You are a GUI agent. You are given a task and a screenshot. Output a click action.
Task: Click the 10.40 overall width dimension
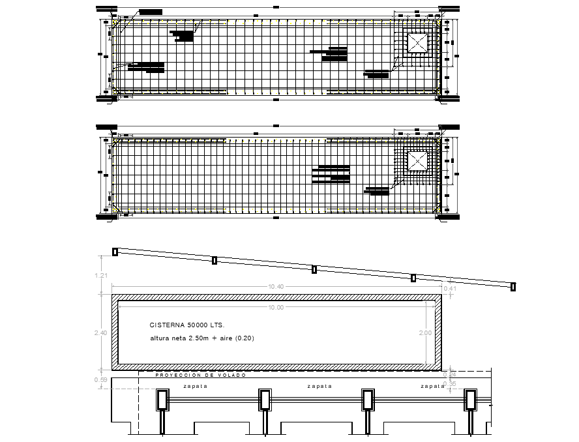point(275,287)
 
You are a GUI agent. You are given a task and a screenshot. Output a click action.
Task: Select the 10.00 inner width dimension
point(275,306)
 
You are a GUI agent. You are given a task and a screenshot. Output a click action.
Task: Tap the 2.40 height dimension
point(101,332)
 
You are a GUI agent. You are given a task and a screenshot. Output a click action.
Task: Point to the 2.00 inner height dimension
point(425,332)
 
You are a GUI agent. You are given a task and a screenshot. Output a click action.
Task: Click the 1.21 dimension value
point(101,276)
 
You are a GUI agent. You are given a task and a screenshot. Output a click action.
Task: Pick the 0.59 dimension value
point(101,379)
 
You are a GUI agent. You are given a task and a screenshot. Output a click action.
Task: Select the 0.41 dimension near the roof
point(449,288)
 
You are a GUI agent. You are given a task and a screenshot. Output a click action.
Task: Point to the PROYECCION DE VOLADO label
point(200,376)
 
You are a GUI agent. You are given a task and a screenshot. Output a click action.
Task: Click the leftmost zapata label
point(195,386)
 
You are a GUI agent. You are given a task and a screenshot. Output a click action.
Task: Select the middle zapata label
point(319,386)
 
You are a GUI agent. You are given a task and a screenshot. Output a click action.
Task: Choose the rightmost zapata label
point(432,386)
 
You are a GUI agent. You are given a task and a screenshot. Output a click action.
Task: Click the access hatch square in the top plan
point(417,44)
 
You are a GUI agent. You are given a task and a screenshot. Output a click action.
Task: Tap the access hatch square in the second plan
point(417,160)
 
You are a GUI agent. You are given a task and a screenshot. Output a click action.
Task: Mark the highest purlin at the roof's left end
point(115,252)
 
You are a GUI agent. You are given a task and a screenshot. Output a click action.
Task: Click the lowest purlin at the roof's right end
point(513,286)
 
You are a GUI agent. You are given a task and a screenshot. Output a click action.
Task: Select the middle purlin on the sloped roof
point(314,269)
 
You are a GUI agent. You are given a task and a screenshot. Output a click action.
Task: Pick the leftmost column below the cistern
point(162,400)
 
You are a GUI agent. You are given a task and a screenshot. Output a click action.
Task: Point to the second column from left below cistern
point(265,400)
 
